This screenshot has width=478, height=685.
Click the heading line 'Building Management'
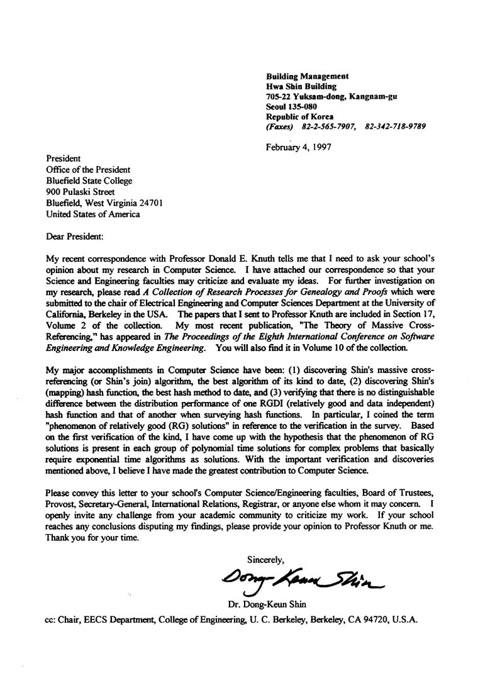307,76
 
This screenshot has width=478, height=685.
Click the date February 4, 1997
299,148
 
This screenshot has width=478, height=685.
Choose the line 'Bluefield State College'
89,181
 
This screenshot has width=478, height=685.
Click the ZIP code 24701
151,203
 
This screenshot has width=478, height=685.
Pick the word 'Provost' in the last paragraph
62,504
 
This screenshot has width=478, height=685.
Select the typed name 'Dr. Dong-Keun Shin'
268,605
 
